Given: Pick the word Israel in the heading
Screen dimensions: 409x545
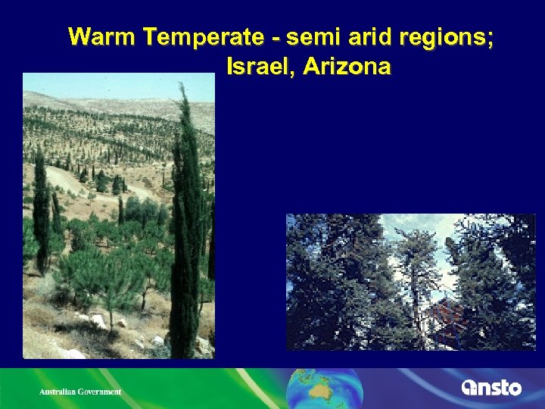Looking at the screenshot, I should coord(260,67).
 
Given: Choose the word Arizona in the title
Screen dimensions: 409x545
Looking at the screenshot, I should coord(347,67).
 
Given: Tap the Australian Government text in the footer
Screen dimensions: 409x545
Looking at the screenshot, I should coord(80,392).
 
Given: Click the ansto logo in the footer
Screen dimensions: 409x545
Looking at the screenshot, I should coord(491,388).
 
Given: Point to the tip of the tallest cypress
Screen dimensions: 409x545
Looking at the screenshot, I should coord(182,86).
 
